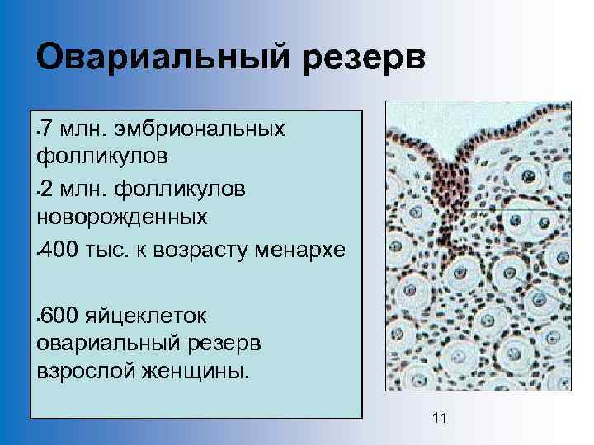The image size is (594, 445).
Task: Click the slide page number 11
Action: point(439,419)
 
